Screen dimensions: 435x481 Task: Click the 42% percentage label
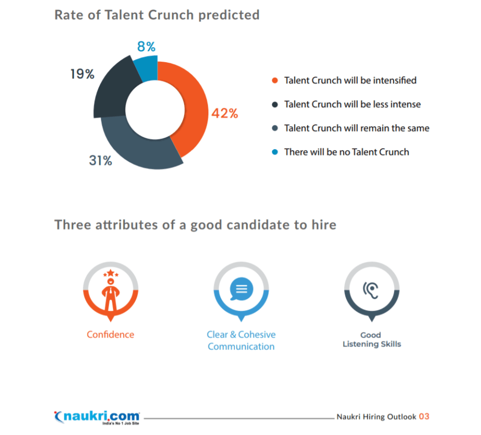(224, 113)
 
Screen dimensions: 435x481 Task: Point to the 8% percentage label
(146, 47)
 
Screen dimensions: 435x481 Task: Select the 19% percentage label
(82, 74)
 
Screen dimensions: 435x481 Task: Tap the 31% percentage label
(101, 161)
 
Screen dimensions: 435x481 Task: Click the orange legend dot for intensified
(275, 80)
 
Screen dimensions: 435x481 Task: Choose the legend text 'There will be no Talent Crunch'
(346, 152)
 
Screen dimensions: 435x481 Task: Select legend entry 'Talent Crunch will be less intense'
(352, 105)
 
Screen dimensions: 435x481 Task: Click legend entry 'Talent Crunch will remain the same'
(357, 128)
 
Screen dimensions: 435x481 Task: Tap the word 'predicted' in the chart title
(229, 15)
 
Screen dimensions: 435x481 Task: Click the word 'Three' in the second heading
(73, 225)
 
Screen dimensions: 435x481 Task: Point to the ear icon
(371, 288)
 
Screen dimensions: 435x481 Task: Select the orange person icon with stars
(110, 291)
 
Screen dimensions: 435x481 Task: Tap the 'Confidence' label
(110, 335)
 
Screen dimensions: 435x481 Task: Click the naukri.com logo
(97, 416)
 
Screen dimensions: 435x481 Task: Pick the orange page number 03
(424, 416)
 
